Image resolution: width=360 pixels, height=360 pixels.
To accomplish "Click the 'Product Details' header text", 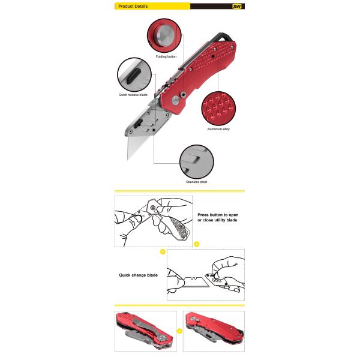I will tap(133, 6).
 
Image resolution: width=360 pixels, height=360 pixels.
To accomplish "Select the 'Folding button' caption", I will tap(166, 56).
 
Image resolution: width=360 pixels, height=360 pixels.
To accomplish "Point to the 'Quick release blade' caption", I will tap(133, 95).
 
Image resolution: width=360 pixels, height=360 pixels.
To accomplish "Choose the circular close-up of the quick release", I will tap(133, 74).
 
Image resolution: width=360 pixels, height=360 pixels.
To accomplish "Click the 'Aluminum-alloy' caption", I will tap(218, 128).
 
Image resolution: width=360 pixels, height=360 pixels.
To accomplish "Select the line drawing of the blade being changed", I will tap(206, 276).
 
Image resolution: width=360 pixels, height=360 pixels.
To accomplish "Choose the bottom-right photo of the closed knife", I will tap(214, 331).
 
